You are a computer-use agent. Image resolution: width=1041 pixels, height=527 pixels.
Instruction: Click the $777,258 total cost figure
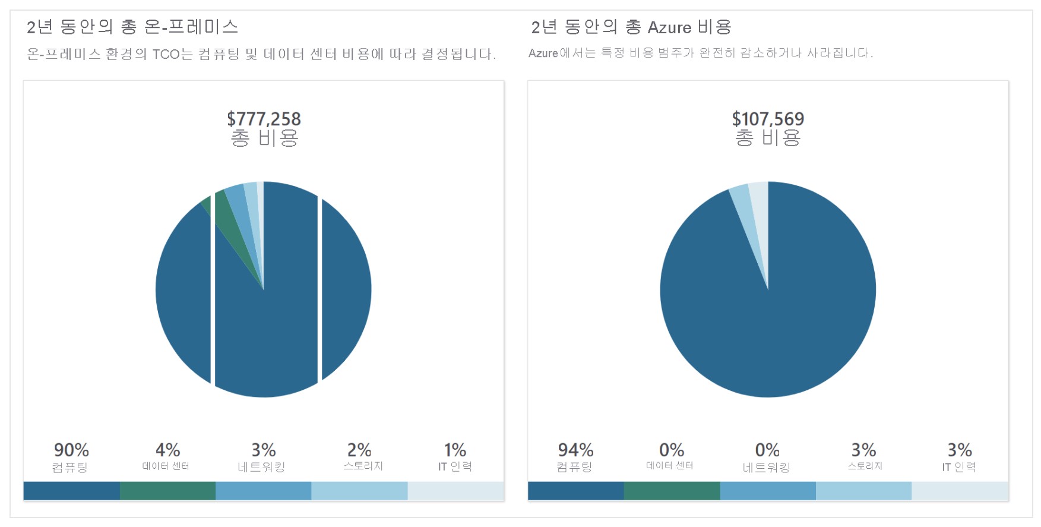pos(264,119)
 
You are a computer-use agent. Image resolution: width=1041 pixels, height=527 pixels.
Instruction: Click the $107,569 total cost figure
pos(768,119)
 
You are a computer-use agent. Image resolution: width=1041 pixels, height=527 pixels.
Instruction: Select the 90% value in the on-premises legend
pos(71,450)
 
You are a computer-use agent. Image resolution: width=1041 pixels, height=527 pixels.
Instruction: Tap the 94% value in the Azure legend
pos(575,450)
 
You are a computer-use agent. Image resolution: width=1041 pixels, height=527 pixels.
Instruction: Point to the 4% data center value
pos(167,450)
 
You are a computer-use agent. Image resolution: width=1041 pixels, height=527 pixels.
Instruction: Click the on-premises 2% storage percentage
pos(359,450)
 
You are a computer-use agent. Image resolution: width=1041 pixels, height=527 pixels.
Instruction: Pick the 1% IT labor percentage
pos(455,450)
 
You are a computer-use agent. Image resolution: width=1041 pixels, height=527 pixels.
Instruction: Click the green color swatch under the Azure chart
pos(672,491)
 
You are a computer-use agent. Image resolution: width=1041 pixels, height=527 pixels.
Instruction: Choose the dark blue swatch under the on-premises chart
pos(71,491)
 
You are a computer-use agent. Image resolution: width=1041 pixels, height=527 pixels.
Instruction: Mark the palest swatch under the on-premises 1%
pos(455,491)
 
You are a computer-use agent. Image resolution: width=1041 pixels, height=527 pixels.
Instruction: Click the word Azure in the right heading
pos(669,27)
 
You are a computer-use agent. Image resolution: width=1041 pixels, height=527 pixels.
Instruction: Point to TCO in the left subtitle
pos(166,55)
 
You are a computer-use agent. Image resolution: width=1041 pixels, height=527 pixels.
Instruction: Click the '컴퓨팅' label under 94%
pos(574,467)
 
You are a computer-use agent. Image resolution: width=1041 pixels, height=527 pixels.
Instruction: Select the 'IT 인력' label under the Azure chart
pos(959,467)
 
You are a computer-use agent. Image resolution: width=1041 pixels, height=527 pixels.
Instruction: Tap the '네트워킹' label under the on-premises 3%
pos(262,467)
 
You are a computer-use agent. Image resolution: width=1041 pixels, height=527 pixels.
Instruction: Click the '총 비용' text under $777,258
pos(264,138)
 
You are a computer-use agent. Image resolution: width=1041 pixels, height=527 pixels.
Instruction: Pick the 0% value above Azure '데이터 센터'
pos(672,450)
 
